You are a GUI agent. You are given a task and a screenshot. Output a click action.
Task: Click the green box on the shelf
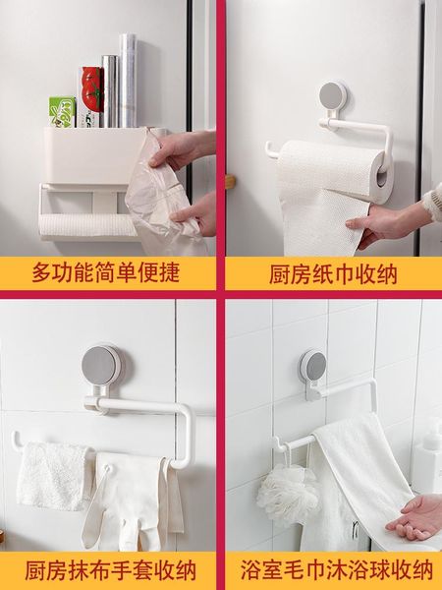click(63, 111)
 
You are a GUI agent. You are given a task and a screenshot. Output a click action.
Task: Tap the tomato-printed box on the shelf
click(91, 96)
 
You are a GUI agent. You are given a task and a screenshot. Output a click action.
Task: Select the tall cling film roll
click(128, 81)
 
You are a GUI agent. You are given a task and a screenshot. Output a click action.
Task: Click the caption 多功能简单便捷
click(106, 272)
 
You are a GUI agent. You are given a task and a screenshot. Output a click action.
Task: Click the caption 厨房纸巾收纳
click(333, 274)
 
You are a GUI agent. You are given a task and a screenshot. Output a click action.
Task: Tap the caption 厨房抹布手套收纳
click(110, 570)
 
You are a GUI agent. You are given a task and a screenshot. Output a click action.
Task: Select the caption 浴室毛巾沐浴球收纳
click(337, 570)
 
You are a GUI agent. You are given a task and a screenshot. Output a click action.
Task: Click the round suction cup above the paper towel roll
click(333, 96)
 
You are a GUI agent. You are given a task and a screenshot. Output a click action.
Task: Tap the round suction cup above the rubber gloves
click(101, 365)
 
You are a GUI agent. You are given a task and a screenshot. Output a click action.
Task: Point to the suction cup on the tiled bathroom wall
click(313, 366)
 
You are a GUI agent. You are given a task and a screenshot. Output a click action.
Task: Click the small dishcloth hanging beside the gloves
click(53, 475)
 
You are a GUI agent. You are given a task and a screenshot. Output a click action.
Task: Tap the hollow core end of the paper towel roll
click(382, 178)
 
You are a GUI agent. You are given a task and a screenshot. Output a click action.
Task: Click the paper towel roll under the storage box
click(87, 224)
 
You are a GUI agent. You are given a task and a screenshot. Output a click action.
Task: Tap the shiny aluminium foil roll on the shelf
click(110, 91)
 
